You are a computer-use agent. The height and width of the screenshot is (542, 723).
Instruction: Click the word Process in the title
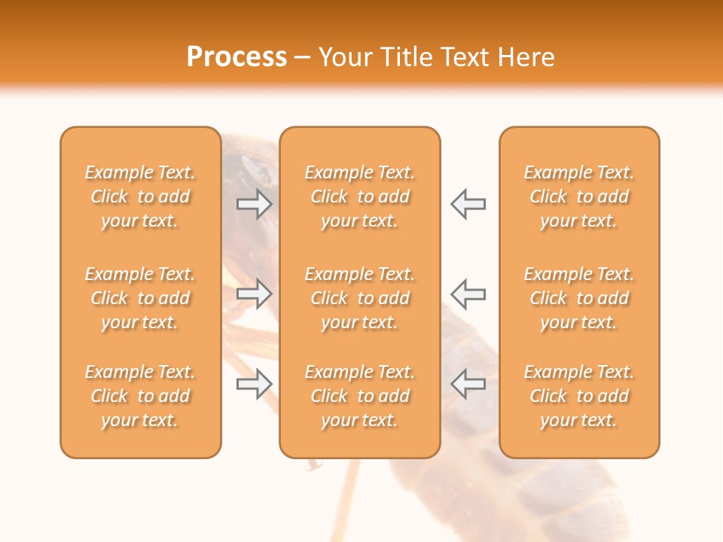236,57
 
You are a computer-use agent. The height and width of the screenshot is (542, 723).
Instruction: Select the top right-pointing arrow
255,204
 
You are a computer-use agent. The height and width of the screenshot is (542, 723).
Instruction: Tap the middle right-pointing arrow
255,294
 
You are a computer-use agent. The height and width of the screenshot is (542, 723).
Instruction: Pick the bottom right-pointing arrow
255,384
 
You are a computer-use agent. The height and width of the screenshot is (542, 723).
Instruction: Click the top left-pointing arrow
468,204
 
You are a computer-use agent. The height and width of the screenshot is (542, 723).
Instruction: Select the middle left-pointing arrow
468,294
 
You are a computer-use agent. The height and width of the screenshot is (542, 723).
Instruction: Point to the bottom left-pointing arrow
468,384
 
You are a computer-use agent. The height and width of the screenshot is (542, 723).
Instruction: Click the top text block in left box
140,196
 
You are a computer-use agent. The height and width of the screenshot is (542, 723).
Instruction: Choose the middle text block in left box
140,298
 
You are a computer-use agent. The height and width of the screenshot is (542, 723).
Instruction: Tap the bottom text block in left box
140,396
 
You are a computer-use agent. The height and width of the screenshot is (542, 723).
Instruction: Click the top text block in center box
359,196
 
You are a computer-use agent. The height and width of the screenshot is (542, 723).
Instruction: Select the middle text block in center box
359,298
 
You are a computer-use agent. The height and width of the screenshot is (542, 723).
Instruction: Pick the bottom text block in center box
359,396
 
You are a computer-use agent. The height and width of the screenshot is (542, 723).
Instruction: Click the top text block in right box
578,196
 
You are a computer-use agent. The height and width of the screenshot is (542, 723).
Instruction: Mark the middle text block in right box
578,298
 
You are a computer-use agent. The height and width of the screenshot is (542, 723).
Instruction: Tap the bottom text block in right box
578,396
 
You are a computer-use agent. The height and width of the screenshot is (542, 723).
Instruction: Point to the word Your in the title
346,57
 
